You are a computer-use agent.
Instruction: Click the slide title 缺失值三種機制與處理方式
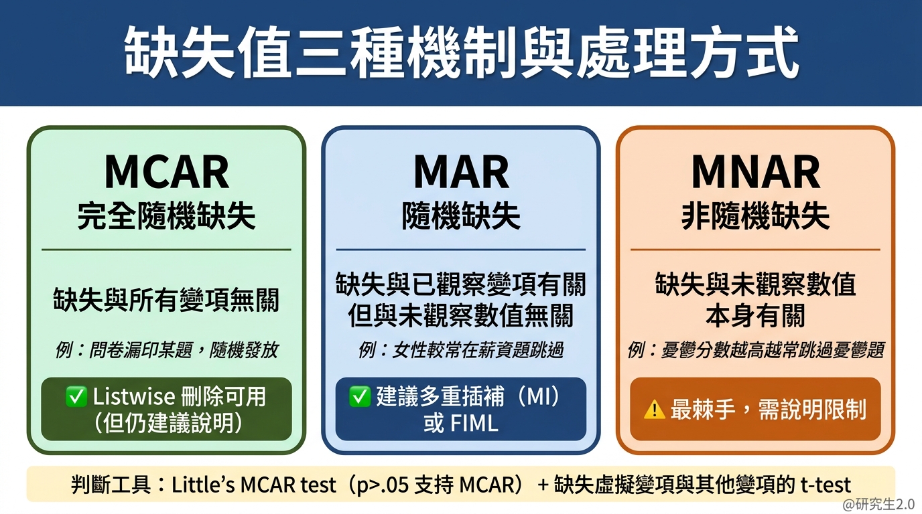pyautogui.click(x=461, y=53)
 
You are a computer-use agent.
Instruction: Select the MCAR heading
pyautogui.click(x=166, y=172)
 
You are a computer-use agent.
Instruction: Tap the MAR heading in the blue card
pyautogui.click(x=461, y=172)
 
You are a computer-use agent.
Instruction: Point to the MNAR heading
pyautogui.click(x=755, y=172)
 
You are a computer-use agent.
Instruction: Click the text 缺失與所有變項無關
pyautogui.click(x=166, y=301)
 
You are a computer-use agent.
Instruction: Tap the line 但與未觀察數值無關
pyautogui.click(x=461, y=317)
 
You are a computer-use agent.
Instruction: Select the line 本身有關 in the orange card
pyautogui.click(x=755, y=317)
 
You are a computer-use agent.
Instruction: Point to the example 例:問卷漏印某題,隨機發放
pyautogui.click(x=166, y=350)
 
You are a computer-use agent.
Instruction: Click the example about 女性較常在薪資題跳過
pyautogui.click(x=461, y=350)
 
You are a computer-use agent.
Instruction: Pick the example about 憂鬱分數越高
pyautogui.click(x=755, y=350)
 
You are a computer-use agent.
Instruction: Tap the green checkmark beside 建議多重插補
pyautogui.click(x=360, y=397)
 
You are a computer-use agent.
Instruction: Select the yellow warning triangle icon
pyautogui.click(x=654, y=410)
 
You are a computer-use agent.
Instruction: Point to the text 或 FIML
pyautogui.click(x=461, y=424)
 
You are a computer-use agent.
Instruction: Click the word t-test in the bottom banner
pyautogui.click(x=826, y=485)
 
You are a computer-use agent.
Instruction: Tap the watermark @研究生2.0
pyautogui.click(x=878, y=504)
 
